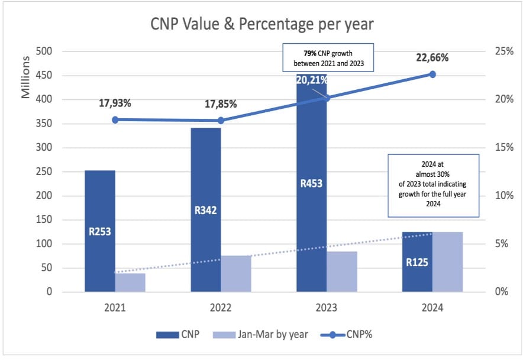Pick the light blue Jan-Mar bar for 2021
130,283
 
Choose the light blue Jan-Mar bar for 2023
342,272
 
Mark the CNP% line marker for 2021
115,120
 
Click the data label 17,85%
221,104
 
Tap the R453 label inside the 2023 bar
311,183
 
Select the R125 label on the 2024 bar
417,263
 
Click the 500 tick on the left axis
45,51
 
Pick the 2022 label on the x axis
221,307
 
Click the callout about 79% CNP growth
328,57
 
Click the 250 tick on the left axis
45,148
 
